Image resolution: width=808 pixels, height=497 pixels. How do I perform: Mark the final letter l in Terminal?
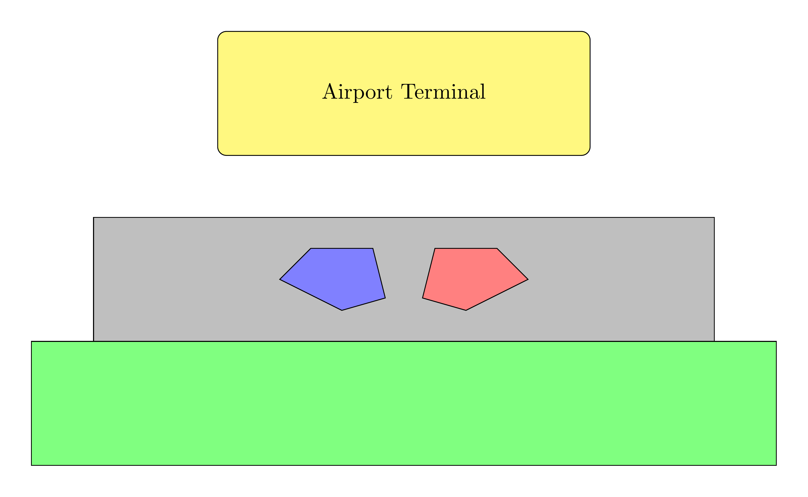tap(483, 91)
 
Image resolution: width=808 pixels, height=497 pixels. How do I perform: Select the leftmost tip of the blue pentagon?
tap(280, 279)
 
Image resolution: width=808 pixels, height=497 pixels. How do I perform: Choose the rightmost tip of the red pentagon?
tap(528, 279)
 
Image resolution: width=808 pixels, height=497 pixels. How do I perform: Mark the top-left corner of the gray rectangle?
tap(94, 218)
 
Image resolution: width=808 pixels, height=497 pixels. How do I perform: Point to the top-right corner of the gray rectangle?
tap(714, 218)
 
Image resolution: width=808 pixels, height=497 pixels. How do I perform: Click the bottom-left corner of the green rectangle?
tap(32, 465)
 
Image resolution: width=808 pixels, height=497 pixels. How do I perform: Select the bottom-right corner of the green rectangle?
tap(776, 465)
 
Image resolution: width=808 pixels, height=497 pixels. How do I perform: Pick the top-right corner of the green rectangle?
tap(776, 341)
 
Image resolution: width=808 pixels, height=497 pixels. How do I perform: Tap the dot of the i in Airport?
tap(341, 85)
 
